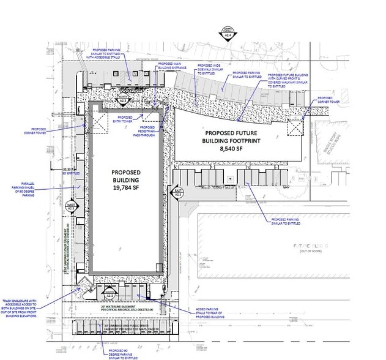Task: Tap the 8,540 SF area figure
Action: [x=232, y=148]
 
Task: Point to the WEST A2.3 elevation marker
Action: [x=72, y=207]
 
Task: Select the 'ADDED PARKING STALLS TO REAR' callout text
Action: [x=211, y=313]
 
